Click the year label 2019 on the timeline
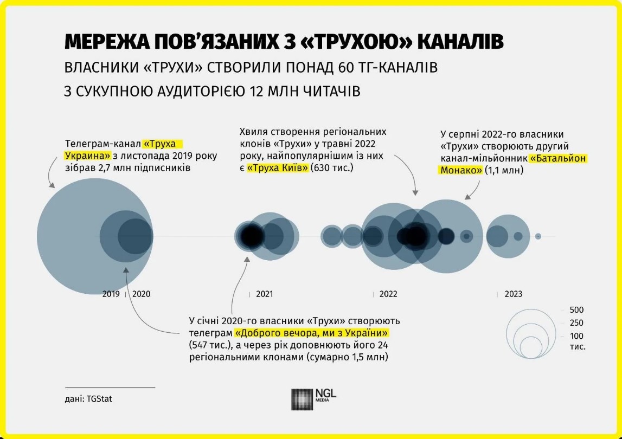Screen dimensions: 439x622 point(111,294)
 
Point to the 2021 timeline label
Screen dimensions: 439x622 point(265,294)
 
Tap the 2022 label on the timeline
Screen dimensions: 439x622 point(388,294)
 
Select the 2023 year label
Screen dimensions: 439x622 point(513,294)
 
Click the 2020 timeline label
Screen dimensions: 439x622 point(141,294)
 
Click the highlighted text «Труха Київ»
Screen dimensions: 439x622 point(278,168)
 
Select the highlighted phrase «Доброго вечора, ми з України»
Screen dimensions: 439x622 point(312,332)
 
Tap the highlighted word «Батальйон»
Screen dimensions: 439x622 point(559,158)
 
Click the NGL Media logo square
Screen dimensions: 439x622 point(302,399)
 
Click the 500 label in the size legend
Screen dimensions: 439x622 point(576,310)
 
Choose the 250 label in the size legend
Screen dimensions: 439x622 point(576,322)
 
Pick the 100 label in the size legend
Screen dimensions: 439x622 point(576,336)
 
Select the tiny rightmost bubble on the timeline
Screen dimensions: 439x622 point(538,236)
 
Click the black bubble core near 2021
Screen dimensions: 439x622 point(251,236)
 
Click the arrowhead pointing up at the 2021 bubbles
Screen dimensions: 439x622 point(247,259)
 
